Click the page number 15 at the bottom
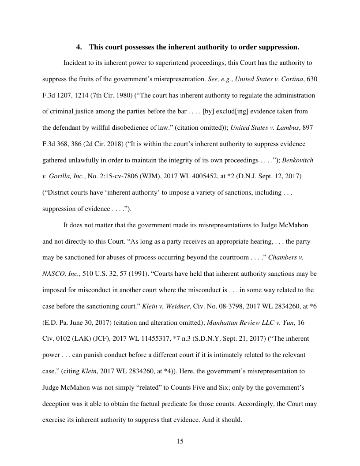pos(180,441)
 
